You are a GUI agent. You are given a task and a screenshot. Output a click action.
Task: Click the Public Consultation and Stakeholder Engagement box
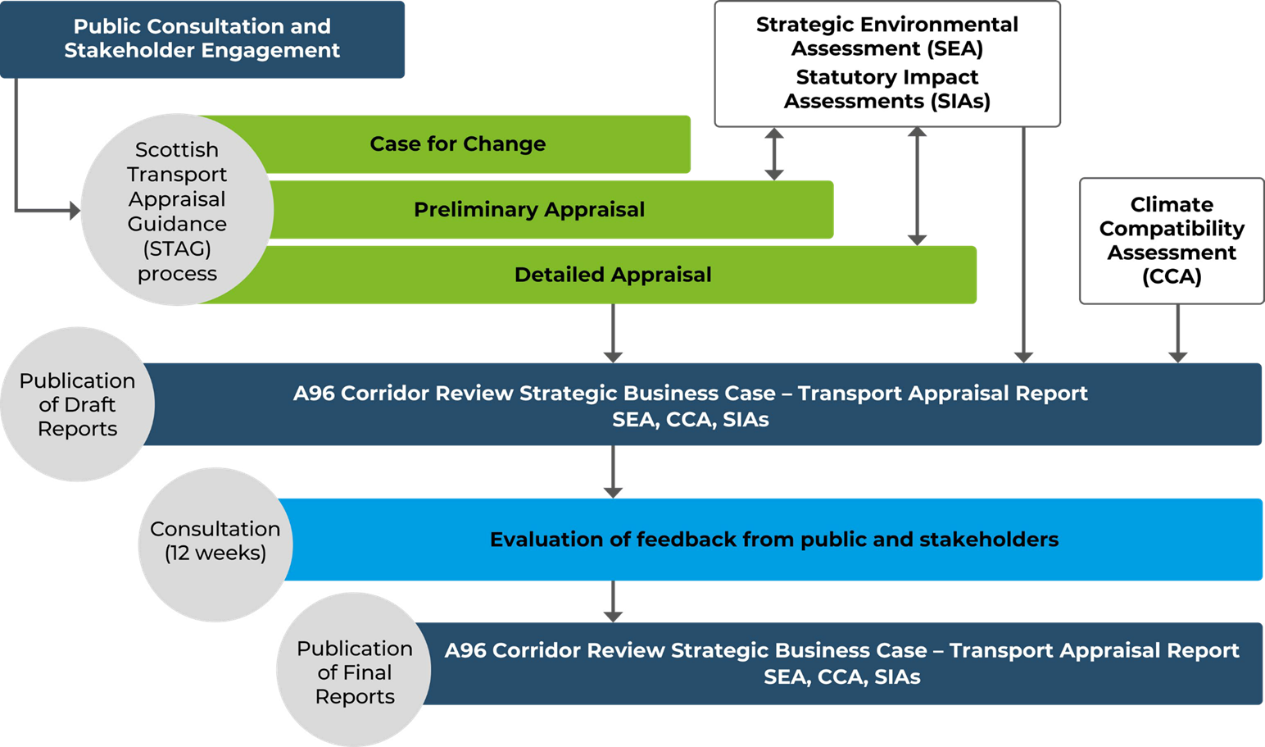click(x=202, y=39)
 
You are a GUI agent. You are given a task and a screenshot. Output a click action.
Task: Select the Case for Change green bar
click(x=459, y=144)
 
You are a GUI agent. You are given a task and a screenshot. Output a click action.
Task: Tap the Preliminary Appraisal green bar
click(x=529, y=210)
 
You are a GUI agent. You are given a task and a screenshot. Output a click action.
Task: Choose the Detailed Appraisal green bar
click(x=613, y=275)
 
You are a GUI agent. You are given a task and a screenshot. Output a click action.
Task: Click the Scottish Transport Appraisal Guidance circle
click(x=176, y=210)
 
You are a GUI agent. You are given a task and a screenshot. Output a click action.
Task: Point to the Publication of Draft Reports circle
click(x=77, y=404)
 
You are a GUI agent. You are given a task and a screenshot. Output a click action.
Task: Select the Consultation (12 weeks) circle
click(x=215, y=541)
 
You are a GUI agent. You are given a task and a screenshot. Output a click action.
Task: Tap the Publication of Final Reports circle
click(x=354, y=672)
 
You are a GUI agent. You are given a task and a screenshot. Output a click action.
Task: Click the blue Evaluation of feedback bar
click(x=773, y=540)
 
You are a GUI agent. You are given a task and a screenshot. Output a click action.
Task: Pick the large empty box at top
click(x=887, y=64)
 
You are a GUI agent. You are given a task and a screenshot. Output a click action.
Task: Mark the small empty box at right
click(x=1171, y=240)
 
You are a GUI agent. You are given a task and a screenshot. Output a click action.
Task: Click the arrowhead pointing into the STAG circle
click(x=75, y=211)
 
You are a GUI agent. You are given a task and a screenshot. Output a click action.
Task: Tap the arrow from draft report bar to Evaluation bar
click(x=613, y=472)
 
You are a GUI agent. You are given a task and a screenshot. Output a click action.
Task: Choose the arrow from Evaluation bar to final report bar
click(x=613, y=602)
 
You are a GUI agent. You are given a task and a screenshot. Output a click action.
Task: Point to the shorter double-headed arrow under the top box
click(x=774, y=153)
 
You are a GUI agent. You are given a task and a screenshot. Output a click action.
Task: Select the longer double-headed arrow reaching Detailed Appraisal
click(x=918, y=186)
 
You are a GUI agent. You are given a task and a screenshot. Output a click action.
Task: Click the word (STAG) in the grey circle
click(x=177, y=248)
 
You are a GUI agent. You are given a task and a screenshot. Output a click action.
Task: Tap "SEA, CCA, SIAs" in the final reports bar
click(x=841, y=677)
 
